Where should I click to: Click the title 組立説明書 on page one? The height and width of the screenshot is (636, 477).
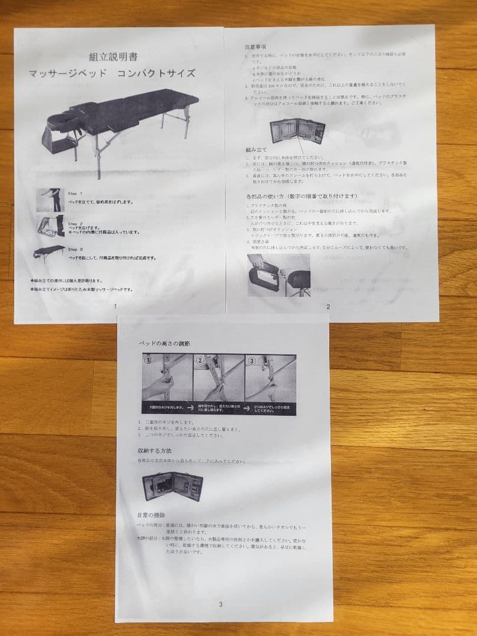(x=113, y=57)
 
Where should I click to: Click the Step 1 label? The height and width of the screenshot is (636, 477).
(x=75, y=194)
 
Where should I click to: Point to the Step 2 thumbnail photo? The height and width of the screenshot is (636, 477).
(x=51, y=226)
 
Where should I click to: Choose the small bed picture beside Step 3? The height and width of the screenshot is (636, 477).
(x=49, y=253)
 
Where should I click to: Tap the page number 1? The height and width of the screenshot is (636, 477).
(x=115, y=306)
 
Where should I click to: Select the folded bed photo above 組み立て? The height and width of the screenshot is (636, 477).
(x=297, y=131)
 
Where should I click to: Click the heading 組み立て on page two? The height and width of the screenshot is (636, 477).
(x=257, y=151)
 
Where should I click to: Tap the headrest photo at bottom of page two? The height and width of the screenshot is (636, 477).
(x=279, y=274)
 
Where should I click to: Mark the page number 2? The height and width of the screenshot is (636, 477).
(x=328, y=306)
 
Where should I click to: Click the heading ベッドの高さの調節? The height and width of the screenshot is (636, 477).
(x=164, y=343)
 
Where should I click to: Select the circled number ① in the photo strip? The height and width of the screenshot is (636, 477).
(x=150, y=362)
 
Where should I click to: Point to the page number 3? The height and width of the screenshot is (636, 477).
(x=220, y=604)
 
